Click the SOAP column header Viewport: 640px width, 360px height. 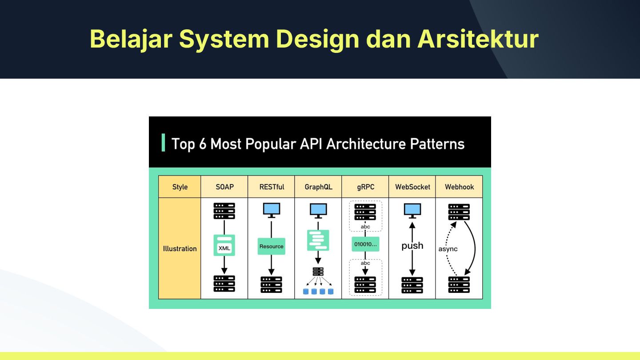coord(224,187)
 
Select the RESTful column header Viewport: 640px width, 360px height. coord(272,187)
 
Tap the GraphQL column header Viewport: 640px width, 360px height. coord(318,187)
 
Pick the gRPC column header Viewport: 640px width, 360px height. coord(365,187)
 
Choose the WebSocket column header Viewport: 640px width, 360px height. coord(412,187)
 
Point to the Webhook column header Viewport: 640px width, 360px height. coord(460,187)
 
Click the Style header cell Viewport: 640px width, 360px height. coord(180,187)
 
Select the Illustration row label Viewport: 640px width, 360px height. coord(180,248)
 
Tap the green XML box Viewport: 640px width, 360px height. coord(224,245)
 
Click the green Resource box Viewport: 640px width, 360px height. coord(272,246)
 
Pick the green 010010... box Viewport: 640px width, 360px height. coord(365,244)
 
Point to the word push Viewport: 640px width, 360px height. coord(412,246)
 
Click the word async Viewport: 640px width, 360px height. coord(448,249)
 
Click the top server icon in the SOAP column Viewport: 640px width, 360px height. coord(224,211)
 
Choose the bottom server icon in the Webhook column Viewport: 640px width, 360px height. coord(459,284)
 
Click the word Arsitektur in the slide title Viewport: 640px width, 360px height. coord(478,39)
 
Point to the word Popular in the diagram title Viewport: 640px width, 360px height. coord(272,144)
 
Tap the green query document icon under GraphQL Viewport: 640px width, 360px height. coord(318,240)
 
